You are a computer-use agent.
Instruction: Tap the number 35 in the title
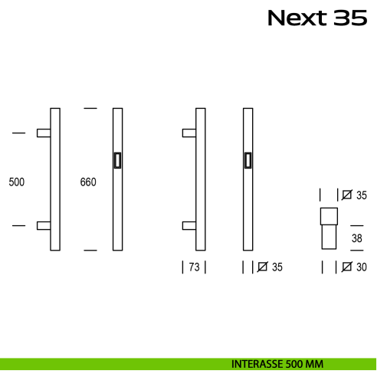[x=350, y=18]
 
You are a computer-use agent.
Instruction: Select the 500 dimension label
[x=17, y=182]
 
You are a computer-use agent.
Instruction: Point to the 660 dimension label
[x=88, y=182]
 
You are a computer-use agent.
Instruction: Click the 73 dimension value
[x=194, y=267]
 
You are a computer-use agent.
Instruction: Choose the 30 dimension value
[x=362, y=267]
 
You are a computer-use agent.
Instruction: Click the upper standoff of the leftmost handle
[x=44, y=133]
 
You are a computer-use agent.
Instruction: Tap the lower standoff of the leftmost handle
[x=44, y=225]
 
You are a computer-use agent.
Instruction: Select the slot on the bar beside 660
[x=116, y=160]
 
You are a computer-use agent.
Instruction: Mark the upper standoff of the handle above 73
[x=188, y=133]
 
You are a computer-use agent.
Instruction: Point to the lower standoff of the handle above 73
[x=188, y=225]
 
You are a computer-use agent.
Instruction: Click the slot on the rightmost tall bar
[x=248, y=160]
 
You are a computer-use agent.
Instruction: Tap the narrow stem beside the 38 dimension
[x=329, y=236]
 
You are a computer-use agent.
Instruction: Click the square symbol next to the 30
[x=347, y=267]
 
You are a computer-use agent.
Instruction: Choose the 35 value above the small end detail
[x=362, y=195]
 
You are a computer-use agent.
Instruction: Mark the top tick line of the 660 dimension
[x=90, y=109]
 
